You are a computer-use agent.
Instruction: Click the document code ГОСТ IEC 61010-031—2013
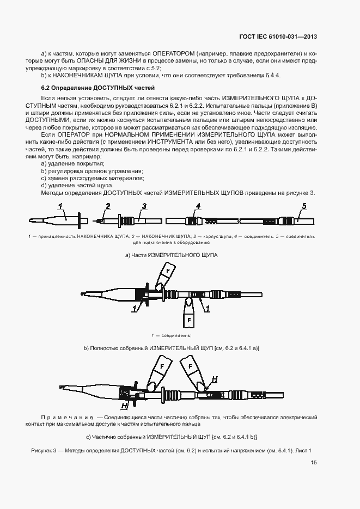tap(278, 37)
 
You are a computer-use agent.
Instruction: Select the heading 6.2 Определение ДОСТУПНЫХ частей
tap(98, 87)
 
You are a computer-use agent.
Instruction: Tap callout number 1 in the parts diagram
tap(62, 206)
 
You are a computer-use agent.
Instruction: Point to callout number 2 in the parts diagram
tap(108, 206)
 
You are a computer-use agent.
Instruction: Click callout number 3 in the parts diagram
tap(144, 206)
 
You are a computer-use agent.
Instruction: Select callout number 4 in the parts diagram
tap(198, 206)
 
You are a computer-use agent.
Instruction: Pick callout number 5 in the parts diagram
tap(304, 206)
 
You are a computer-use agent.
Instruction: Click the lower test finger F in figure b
tap(188, 319)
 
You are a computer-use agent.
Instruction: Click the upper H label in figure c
tap(215, 379)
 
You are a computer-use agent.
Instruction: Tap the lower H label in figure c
tap(125, 406)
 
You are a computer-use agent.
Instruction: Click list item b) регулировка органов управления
tap(92, 170)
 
